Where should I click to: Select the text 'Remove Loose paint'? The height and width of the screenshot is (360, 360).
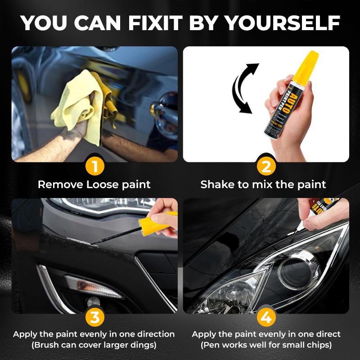[x=94, y=184]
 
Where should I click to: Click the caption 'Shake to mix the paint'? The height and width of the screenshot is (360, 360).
[x=263, y=184]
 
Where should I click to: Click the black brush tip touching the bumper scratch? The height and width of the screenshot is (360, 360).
[x=97, y=243]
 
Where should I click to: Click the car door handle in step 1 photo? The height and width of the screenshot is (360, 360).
[x=165, y=104]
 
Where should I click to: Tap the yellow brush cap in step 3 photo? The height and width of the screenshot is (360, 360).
[x=151, y=223]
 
